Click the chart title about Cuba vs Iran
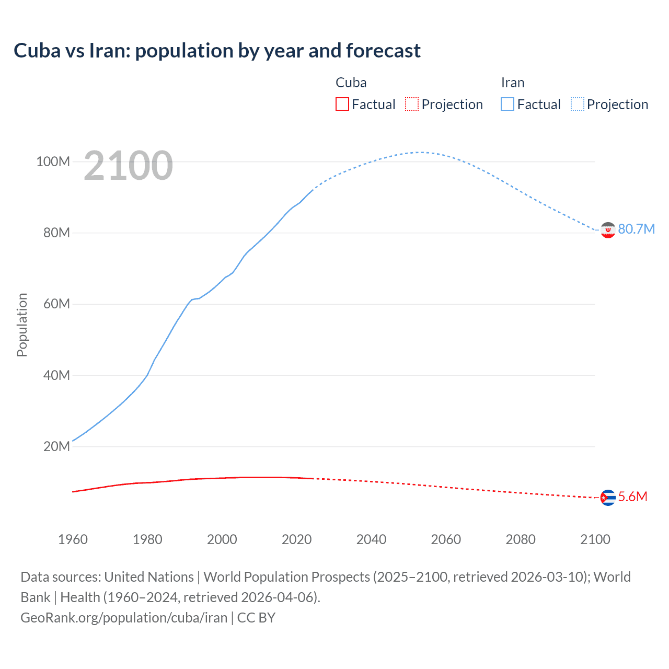pyautogui.click(x=217, y=51)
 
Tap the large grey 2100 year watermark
pyautogui.click(x=128, y=166)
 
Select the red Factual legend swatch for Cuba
pyautogui.click(x=342, y=105)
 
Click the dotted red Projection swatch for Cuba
pyautogui.click(x=412, y=105)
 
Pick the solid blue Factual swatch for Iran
pyautogui.click(x=507, y=105)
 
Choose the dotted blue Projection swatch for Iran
pyautogui.click(x=577, y=105)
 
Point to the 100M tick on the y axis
pyautogui.click(x=53, y=162)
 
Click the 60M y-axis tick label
pyautogui.click(x=56, y=304)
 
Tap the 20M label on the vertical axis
pyautogui.click(x=56, y=446)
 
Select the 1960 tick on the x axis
pyautogui.click(x=73, y=539)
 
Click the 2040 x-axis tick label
pyautogui.click(x=371, y=539)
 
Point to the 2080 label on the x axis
pyautogui.click(x=521, y=539)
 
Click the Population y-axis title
pyautogui.click(x=22, y=325)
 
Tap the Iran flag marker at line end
pyautogui.click(x=608, y=230)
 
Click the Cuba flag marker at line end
pyautogui.click(x=608, y=498)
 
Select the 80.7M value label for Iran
pyautogui.click(x=636, y=229)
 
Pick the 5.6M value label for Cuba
pyautogui.click(x=632, y=497)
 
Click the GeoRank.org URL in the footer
pyautogui.click(x=124, y=618)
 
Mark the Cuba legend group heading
pyautogui.click(x=351, y=83)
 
